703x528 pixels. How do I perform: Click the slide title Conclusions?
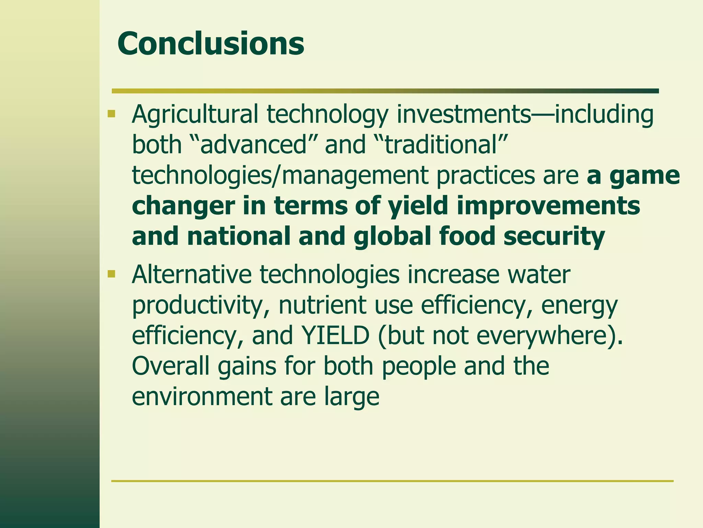pyautogui.click(x=210, y=44)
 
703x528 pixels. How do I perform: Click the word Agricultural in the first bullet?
pyautogui.click(x=195, y=114)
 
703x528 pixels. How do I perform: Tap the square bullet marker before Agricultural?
pyautogui.click(x=111, y=114)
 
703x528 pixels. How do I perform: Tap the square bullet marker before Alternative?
pyautogui.click(x=111, y=274)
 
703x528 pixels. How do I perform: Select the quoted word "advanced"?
pyautogui.click(x=252, y=144)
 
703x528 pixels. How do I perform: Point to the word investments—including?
pyautogui.click(x=525, y=114)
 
